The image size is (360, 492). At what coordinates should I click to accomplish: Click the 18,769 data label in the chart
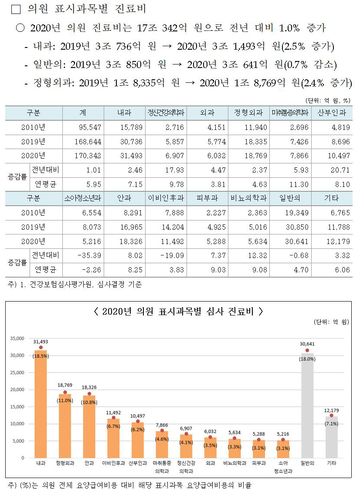(65, 385)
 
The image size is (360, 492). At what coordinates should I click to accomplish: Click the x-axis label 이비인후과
(113, 463)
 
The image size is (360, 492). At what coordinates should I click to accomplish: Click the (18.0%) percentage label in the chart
(307, 359)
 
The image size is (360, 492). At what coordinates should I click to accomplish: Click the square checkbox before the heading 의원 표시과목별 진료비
(16, 9)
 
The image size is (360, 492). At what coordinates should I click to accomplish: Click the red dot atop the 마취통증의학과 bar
(162, 431)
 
